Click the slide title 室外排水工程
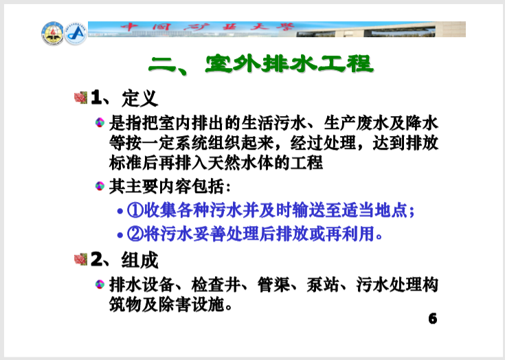289,65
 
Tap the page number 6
432,319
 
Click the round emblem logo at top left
52,32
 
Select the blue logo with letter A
76,32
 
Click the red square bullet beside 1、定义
80,98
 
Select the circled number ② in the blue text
135,234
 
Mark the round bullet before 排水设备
100,284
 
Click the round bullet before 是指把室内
100,124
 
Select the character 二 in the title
164,65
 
